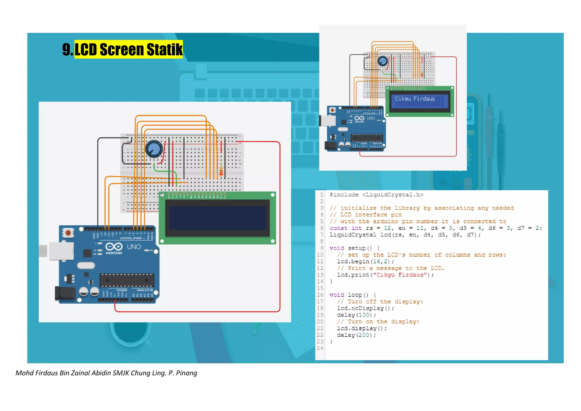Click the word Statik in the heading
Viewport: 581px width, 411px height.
click(x=165, y=49)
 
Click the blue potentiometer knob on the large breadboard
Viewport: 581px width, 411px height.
click(x=154, y=149)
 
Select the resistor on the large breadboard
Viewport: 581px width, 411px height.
click(x=221, y=171)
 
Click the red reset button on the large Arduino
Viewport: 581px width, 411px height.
click(x=68, y=233)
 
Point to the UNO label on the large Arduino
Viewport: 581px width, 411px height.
click(x=134, y=247)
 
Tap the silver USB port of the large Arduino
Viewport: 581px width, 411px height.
click(x=61, y=251)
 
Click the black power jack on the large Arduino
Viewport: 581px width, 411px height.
click(x=65, y=293)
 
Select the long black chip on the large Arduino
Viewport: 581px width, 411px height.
click(x=127, y=280)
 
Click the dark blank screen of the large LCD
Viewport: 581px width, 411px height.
click(x=217, y=218)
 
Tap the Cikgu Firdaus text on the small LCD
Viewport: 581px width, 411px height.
click(x=415, y=99)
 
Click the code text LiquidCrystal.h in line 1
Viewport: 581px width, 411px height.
click(x=393, y=195)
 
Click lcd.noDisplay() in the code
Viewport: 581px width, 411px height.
click(x=365, y=308)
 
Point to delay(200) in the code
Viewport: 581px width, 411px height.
click(x=356, y=335)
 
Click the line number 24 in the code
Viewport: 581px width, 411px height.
click(x=320, y=348)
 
